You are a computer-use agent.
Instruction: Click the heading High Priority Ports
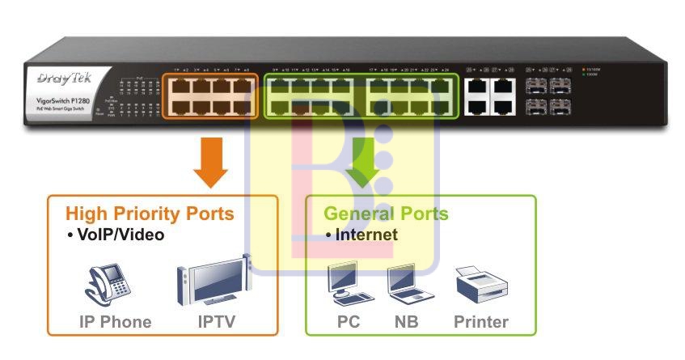pyautogui.click(x=150, y=214)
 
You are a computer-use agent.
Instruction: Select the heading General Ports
pyautogui.click(x=386, y=214)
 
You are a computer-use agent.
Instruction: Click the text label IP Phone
pyautogui.click(x=115, y=322)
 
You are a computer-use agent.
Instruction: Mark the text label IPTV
pyautogui.click(x=217, y=322)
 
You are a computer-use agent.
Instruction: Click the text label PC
pyautogui.click(x=349, y=322)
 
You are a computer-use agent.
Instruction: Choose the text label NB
pyautogui.click(x=407, y=322)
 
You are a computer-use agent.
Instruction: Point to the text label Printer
pyautogui.click(x=481, y=322)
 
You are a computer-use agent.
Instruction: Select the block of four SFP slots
pyautogui.click(x=548, y=95)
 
